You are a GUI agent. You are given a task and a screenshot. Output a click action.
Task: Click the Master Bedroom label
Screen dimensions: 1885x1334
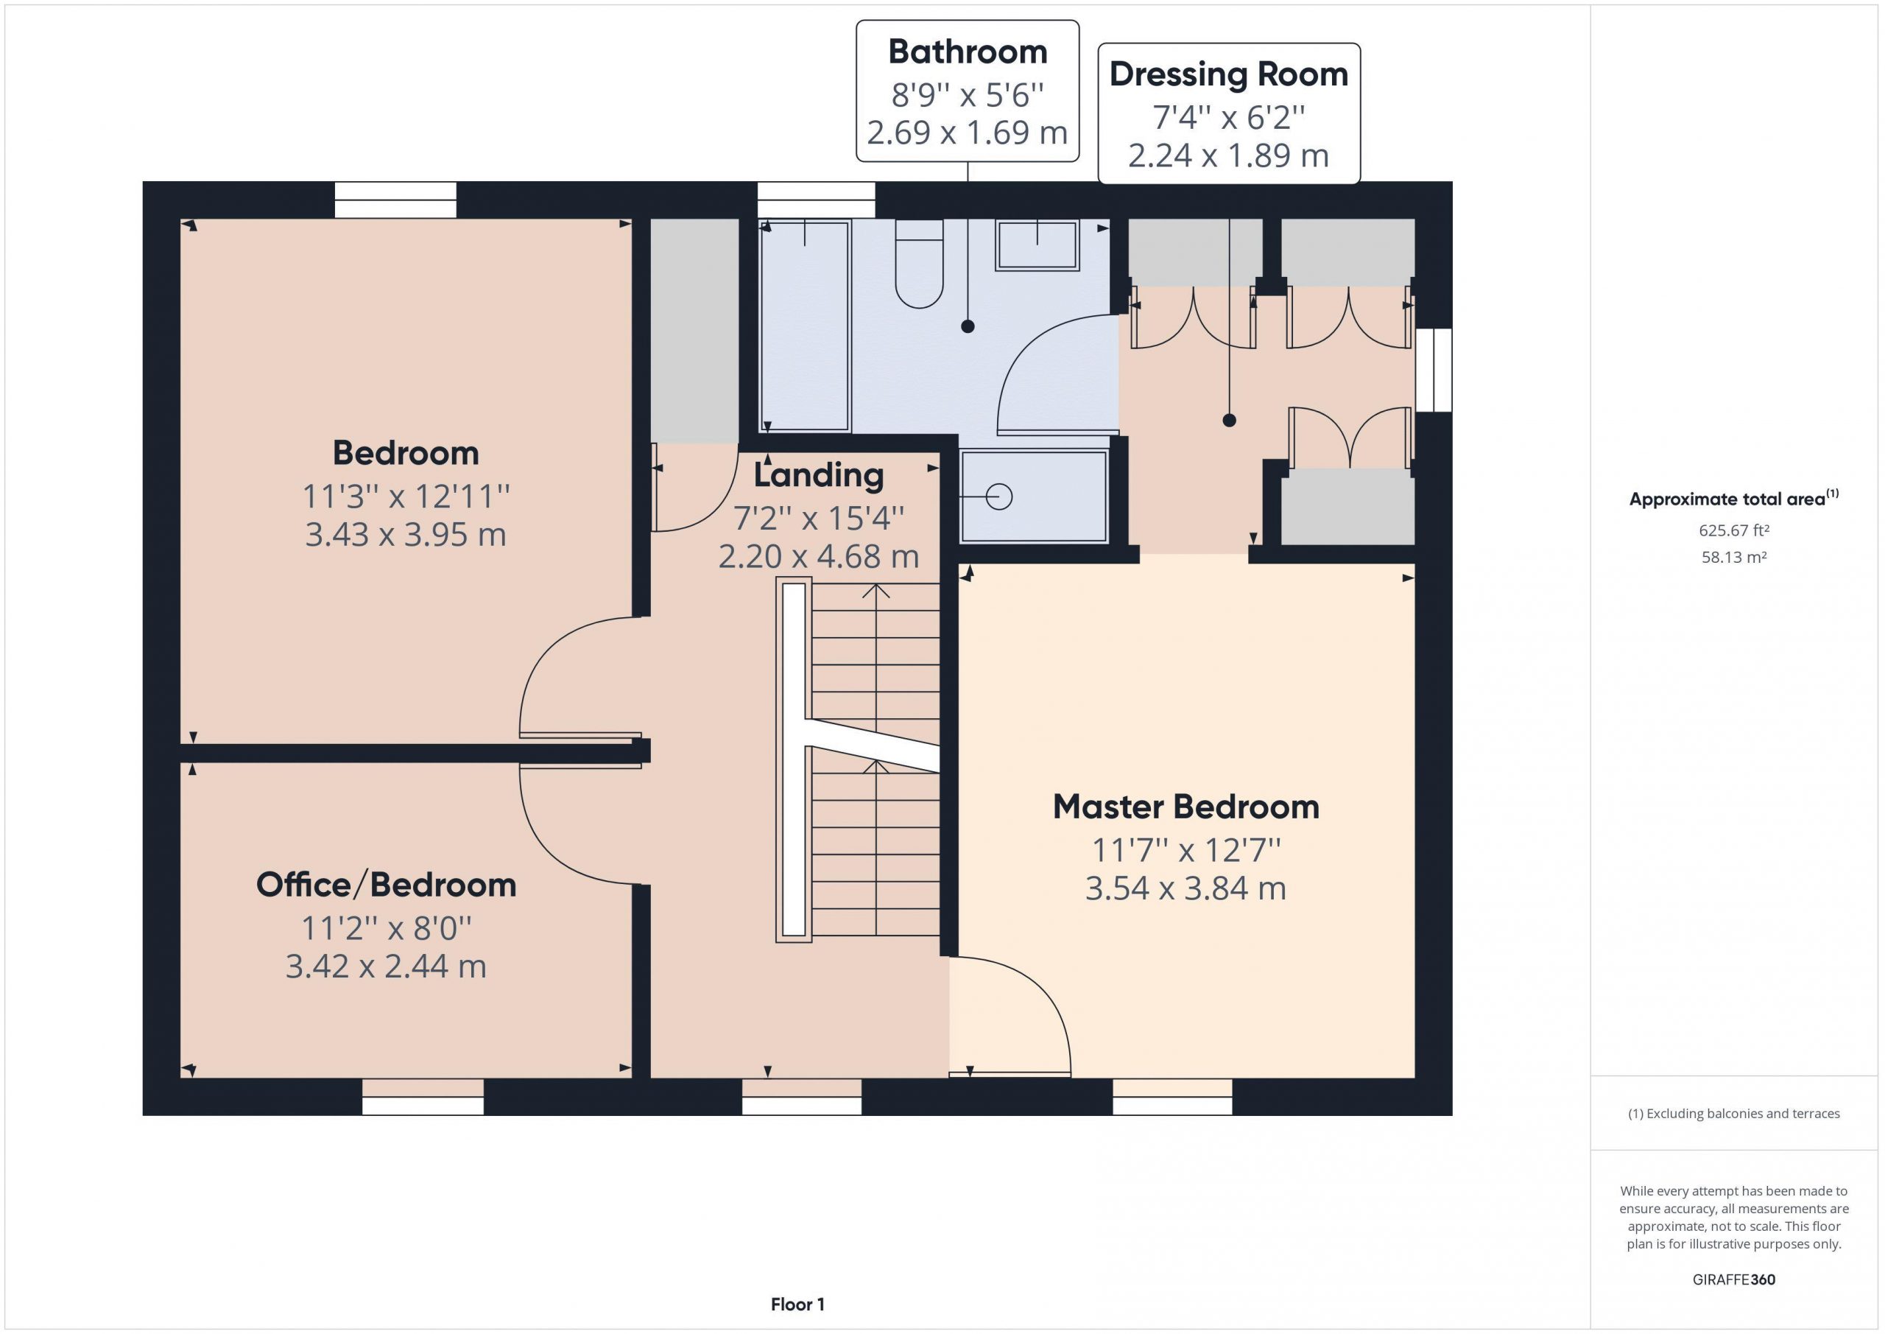coord(1185,807)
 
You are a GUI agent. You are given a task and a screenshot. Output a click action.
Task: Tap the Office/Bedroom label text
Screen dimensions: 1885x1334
coord(386,885)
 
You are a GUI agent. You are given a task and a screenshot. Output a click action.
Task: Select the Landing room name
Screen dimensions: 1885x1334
coord(819,476)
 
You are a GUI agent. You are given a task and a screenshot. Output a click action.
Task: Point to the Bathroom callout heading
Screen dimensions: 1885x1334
coord(968,52)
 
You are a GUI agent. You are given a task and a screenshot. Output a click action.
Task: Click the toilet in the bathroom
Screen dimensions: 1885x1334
coord(919,264)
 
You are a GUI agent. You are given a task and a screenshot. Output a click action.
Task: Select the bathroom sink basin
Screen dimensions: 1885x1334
coord(1037,245)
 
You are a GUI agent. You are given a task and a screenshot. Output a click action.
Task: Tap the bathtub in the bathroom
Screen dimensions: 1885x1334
coord(805,326)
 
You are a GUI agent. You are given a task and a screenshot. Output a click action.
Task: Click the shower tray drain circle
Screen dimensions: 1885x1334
coord(999,497)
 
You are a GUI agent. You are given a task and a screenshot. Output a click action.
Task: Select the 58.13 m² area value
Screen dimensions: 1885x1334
coord(1734,558)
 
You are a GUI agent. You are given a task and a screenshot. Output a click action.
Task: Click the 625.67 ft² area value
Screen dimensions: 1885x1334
coord(1734,530)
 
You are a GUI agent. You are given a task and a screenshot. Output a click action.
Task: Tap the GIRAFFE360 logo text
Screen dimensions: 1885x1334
coord(1734,1279)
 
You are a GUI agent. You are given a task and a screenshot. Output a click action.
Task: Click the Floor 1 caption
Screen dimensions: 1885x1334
coord(797,1305)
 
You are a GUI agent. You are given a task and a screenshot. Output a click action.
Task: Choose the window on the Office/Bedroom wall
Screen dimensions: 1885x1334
coord(423,1097)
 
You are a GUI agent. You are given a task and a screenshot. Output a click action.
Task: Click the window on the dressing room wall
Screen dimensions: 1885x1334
coord(1434,371)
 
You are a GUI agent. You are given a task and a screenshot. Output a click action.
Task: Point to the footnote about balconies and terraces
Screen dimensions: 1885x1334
coord(1734,1114)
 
